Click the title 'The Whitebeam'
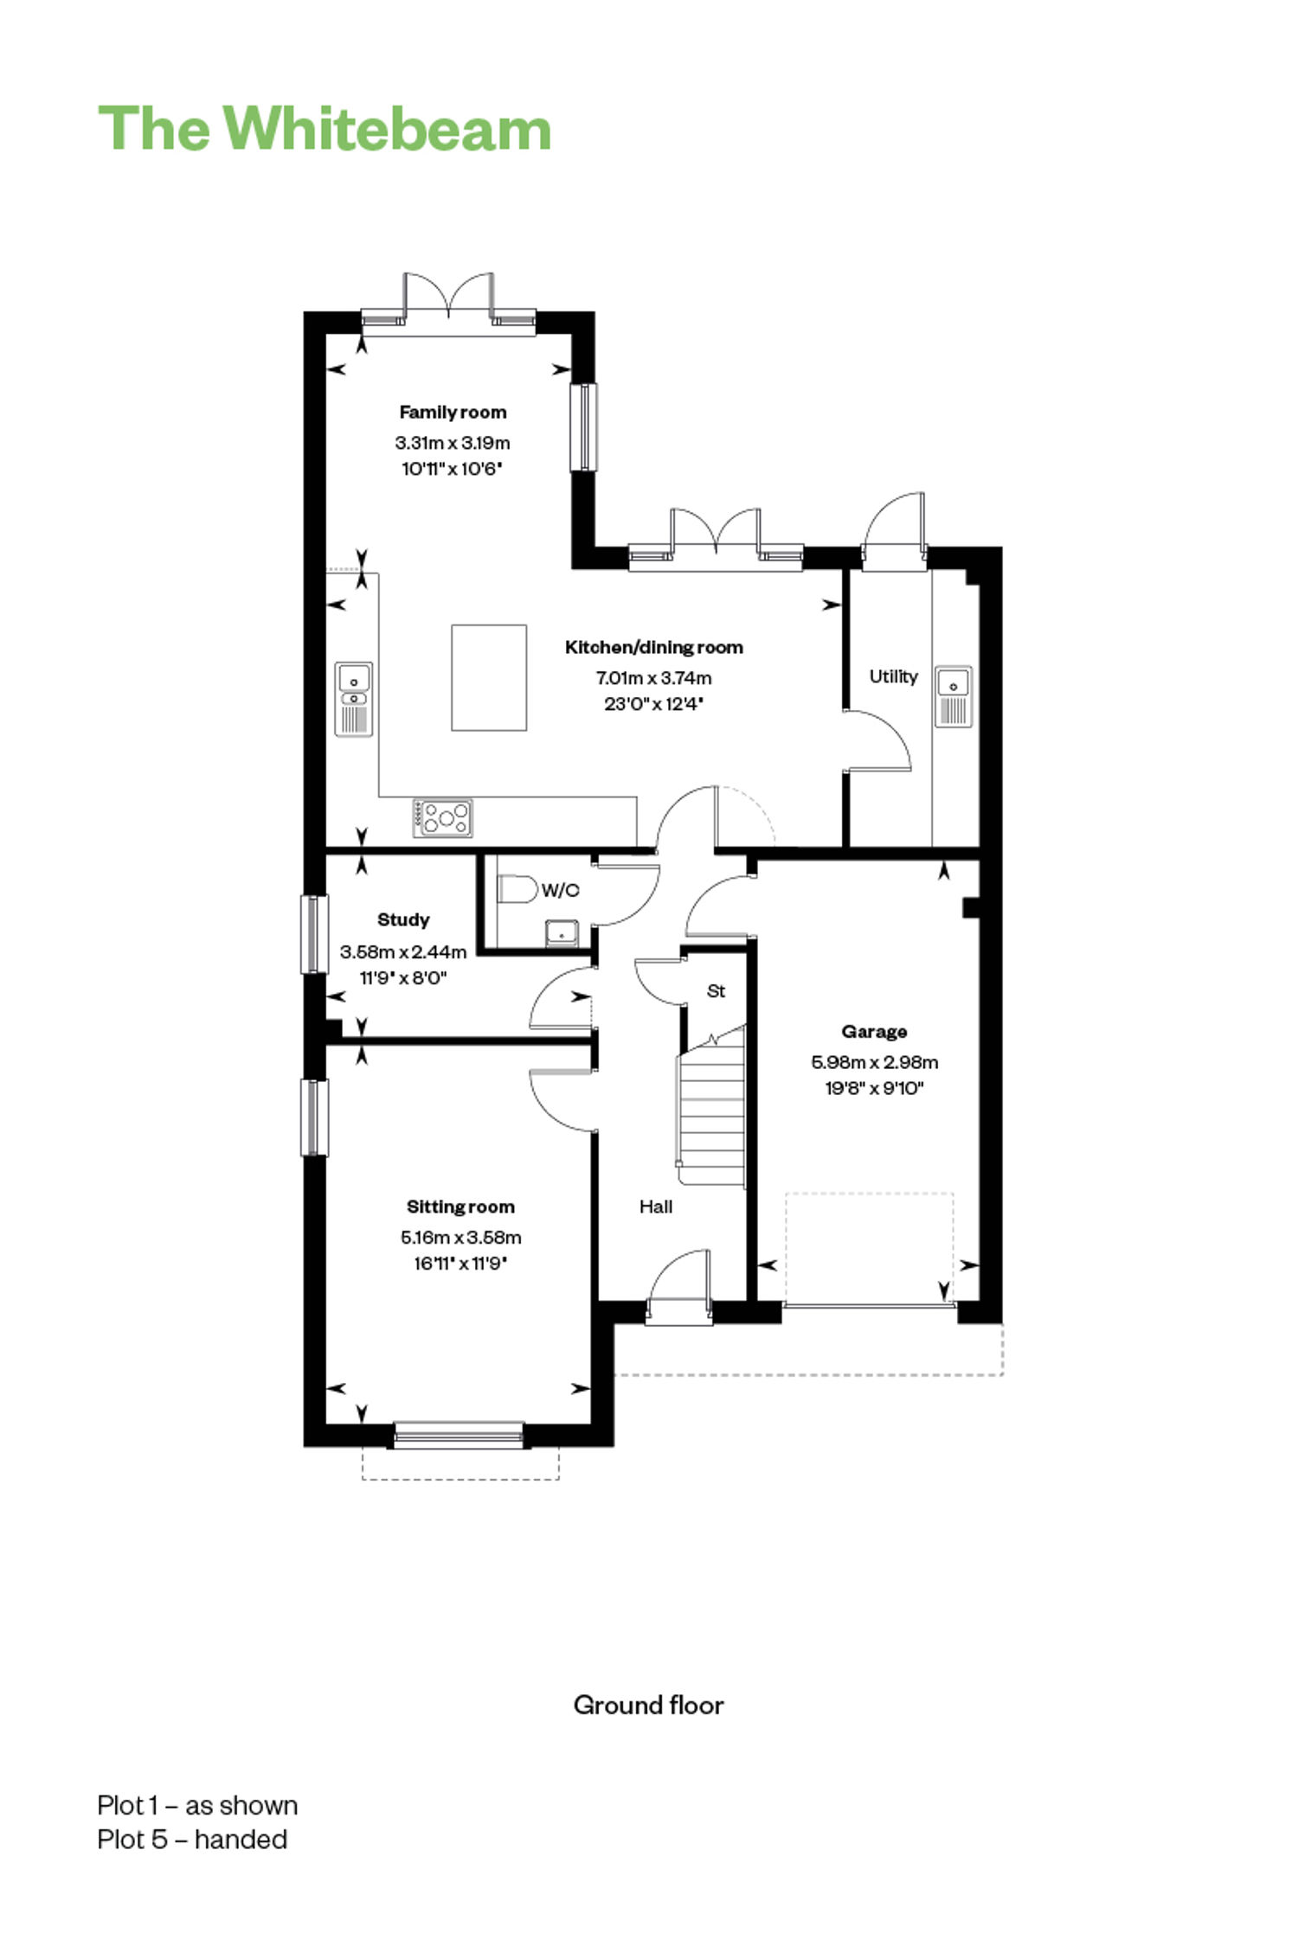pos(324,129)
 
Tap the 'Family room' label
pos(453,413)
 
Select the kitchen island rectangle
pos(489,677)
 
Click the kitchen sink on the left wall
pos(354,699)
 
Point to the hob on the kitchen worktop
pos(443,817)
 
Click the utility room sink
pos(953,695)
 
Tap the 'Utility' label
pos(893,676)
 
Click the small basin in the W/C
pos(562,933)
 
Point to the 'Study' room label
pos(403,919)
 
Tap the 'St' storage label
pos(716,991)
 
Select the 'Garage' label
pos(874,1031)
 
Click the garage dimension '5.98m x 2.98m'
pos(874,1061)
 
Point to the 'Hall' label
pos(656,1207)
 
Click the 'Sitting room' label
pos(460,1207)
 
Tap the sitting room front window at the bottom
pos(459,1435)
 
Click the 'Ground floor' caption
pos(649,1705)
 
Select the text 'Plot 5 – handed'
pos(192,1839)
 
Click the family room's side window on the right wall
pos(584,427)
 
